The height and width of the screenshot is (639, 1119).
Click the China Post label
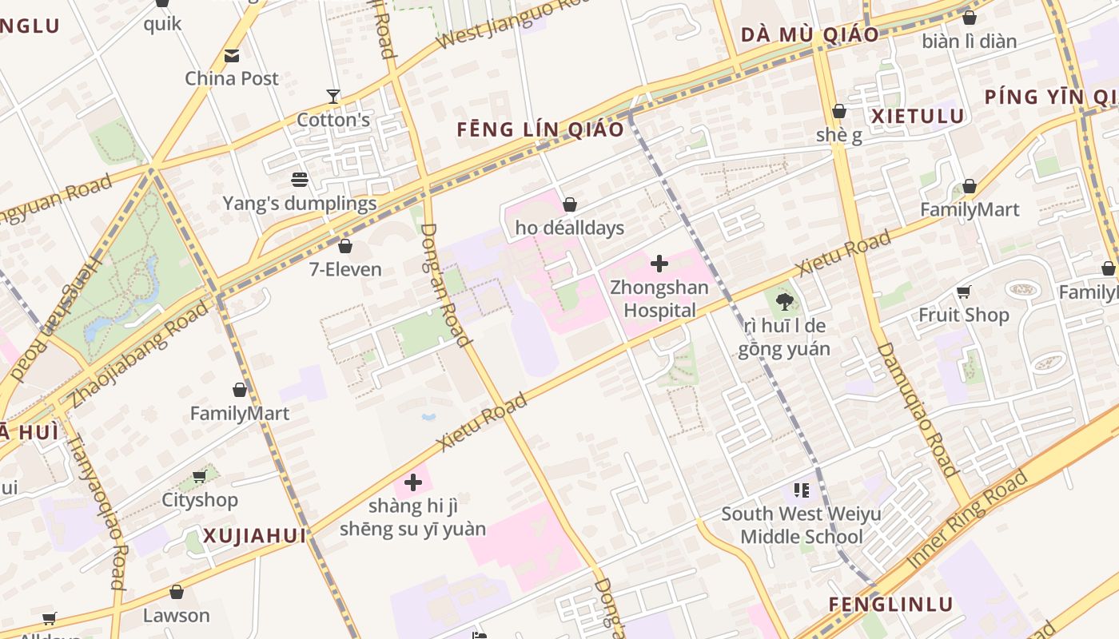232,78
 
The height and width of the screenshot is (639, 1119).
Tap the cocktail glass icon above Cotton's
333,97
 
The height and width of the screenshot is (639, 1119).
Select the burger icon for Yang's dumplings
300,180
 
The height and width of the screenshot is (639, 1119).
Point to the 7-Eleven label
345,269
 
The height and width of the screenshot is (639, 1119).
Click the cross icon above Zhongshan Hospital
659,264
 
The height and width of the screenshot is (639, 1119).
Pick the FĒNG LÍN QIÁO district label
540,129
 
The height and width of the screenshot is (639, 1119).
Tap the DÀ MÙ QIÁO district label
810,35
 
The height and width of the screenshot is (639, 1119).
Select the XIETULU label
918,117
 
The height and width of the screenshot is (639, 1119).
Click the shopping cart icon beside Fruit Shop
964,292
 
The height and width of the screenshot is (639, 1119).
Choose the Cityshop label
200,500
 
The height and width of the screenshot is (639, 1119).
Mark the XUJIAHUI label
254,536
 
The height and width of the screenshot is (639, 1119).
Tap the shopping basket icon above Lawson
177,592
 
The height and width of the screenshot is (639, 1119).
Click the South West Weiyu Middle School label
801,525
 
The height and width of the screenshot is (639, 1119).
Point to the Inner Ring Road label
968,520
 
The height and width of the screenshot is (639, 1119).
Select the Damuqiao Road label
917,409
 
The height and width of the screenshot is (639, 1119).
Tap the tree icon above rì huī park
784,302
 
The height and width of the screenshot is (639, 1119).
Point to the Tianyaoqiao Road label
97,511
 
